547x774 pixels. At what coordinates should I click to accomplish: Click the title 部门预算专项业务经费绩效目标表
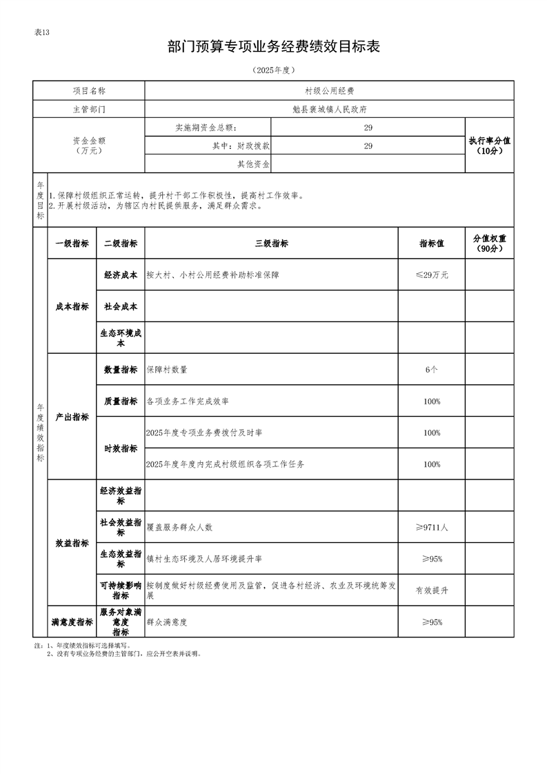point(274,47)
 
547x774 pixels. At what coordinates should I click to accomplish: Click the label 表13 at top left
point(42,32)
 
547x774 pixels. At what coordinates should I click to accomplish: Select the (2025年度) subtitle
point(274,70)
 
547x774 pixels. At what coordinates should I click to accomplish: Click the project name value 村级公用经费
point(329,91)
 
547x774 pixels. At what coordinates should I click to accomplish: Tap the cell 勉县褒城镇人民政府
point(329,109)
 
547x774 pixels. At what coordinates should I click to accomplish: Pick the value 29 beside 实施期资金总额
point(368,128)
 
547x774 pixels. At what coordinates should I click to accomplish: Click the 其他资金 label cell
point(252,164)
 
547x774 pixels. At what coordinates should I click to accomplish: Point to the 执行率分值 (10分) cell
point(489,145)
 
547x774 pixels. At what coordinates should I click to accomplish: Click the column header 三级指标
point(271,244)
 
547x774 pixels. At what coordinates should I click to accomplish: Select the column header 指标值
point(432,244)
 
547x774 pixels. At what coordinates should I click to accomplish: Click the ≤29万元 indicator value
point(432,275)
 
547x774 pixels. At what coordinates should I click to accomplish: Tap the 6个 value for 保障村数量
point(432,370)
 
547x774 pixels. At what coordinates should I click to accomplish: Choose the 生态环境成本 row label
point(121,338)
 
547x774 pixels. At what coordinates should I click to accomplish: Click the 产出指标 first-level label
point(72,417)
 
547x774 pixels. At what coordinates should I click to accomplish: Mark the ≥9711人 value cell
point(432,527)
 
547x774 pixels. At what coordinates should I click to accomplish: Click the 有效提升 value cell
point(432,591)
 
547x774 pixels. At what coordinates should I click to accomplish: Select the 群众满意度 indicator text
point(167,622)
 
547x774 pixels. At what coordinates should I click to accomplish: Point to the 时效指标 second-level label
point(121,448)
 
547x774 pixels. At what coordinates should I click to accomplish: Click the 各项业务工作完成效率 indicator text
point(188,401)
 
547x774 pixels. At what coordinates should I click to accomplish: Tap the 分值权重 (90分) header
point(489,244)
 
